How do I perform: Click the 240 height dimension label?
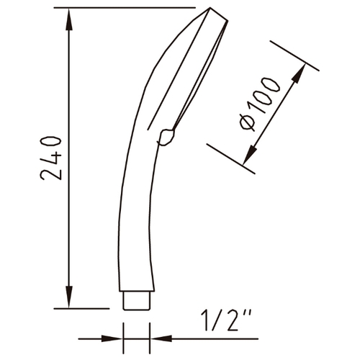click(x=50, y=158)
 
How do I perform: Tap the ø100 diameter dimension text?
click(x=260, y=104)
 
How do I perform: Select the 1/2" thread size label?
click(x=226, y=320)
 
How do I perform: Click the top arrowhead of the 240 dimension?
click(x=69, y=19)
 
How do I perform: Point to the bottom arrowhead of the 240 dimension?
click(x=69, y=297)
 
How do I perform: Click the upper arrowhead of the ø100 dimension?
click(x=300, y=73)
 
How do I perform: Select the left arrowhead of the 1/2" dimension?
click(x=112, y=339)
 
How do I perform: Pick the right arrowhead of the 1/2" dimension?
click(x=161, y=338)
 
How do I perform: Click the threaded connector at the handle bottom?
click(x=137, y=300)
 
